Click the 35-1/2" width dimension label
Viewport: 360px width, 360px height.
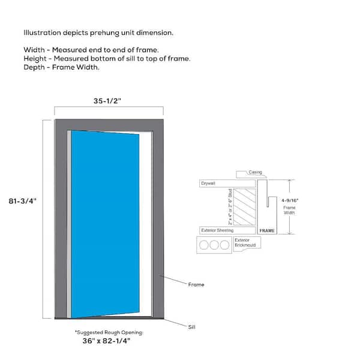(x=107, y=101)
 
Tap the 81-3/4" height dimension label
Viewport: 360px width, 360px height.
(x=23, y=201)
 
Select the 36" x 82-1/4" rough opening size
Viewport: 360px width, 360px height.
(x=106, y=341)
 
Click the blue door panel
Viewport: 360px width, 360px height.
(x=105, y=224)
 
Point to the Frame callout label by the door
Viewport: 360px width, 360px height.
(x=196, y=284)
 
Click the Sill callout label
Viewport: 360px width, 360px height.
(x=192, y=327)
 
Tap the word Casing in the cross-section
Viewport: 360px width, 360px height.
(x=256, y=172)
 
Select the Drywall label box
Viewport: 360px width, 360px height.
(x=227, y=184)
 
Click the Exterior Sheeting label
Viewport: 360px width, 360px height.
(x=217, y=230)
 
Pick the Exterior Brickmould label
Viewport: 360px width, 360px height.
(x=245, y=242)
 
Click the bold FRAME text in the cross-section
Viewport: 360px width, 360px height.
(x=267, y=230)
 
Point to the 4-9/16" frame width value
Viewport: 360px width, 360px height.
(x=290, y=200)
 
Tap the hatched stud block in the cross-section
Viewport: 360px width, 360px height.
(x=244, y=207)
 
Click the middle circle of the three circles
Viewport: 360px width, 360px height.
(x=214, y=245)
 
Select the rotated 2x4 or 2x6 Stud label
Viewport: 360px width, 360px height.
(x=230, y=206)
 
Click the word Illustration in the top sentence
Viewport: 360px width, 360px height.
(x=42, y=32)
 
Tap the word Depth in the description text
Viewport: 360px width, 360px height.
(x=34, y=67)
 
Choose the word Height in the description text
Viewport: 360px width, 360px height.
(x=35, y=59)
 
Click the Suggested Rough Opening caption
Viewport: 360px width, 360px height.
(x=109, y=332)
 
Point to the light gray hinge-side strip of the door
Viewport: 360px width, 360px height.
(x=69, y=224)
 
